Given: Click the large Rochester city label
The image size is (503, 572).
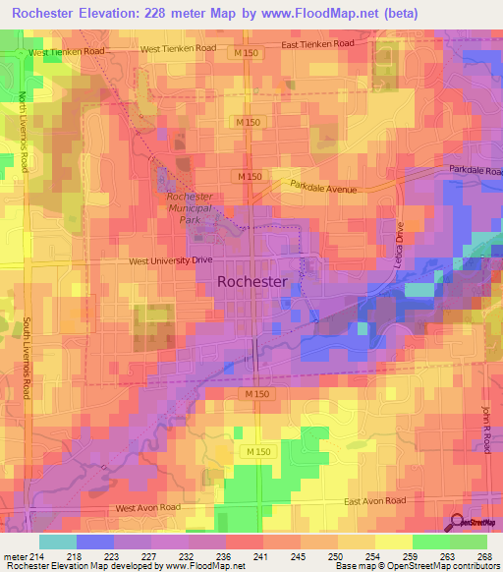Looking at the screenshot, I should point(251,281).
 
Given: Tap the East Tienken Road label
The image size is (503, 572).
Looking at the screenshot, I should point(317,44).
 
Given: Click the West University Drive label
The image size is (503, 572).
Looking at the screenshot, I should point(171,260).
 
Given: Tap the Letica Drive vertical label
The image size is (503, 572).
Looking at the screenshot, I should point(400,237).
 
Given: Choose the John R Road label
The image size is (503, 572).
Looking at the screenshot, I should point(486,429).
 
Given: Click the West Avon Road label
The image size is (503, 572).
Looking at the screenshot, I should point(148,508).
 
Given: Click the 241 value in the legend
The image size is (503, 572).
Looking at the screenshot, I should point(260,557).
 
